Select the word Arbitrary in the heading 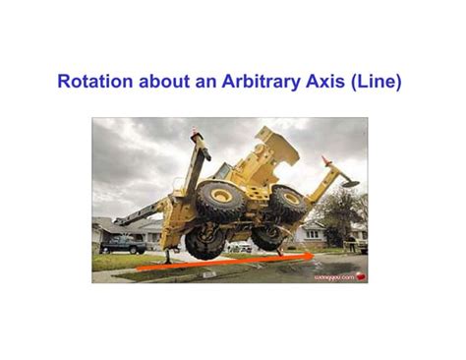point(262,82)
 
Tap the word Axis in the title point(326,82)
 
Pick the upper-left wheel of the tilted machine point(220,200)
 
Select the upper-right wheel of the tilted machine point(287,204)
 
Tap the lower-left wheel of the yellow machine point(204,241)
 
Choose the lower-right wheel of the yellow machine point(266,237)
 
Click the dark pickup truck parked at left point(122,243)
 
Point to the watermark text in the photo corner point(332,276)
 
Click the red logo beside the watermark point(359,276)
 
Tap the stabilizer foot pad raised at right point(350,182)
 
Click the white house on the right point(313,233)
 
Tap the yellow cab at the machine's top point(276,148)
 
